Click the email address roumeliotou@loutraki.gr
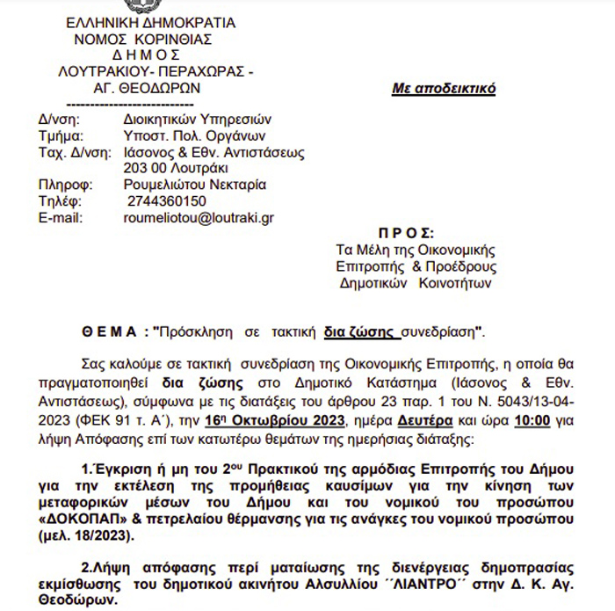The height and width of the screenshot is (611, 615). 199,217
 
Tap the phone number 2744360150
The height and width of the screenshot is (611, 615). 167,201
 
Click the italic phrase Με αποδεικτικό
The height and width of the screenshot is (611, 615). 443,89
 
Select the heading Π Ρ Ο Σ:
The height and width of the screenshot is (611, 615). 405,234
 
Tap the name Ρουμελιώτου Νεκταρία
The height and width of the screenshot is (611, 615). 195,185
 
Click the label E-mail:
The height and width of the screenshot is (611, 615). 61,217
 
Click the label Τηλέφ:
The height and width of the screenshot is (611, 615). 60,201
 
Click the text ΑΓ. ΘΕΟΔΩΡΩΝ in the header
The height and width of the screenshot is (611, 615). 147,88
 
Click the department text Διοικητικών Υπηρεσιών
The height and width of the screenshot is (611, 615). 199,120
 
